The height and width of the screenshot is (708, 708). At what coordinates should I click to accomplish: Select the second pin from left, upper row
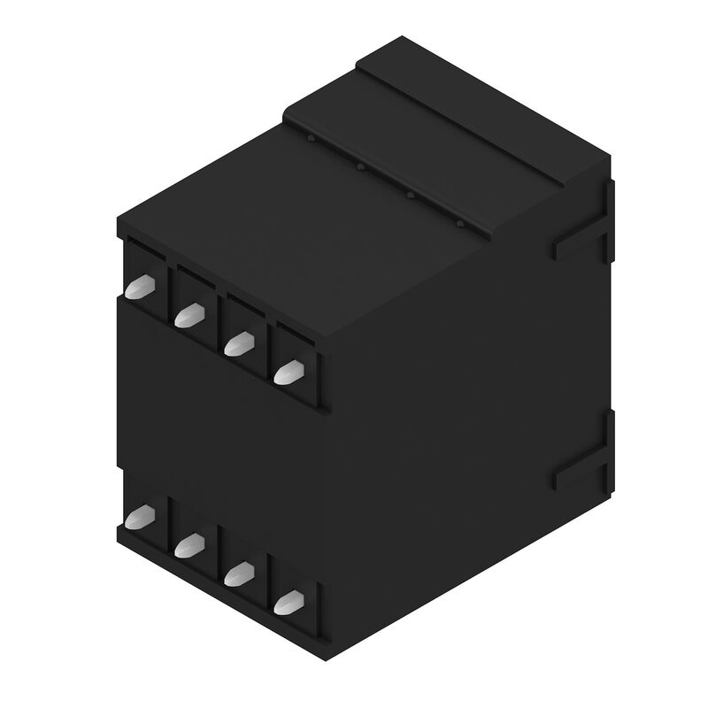tap(187, 316)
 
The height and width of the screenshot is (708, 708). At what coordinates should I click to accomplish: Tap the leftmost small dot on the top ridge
tap(311, 139)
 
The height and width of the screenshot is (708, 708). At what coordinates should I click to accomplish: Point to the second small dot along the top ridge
tap(360, 165)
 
